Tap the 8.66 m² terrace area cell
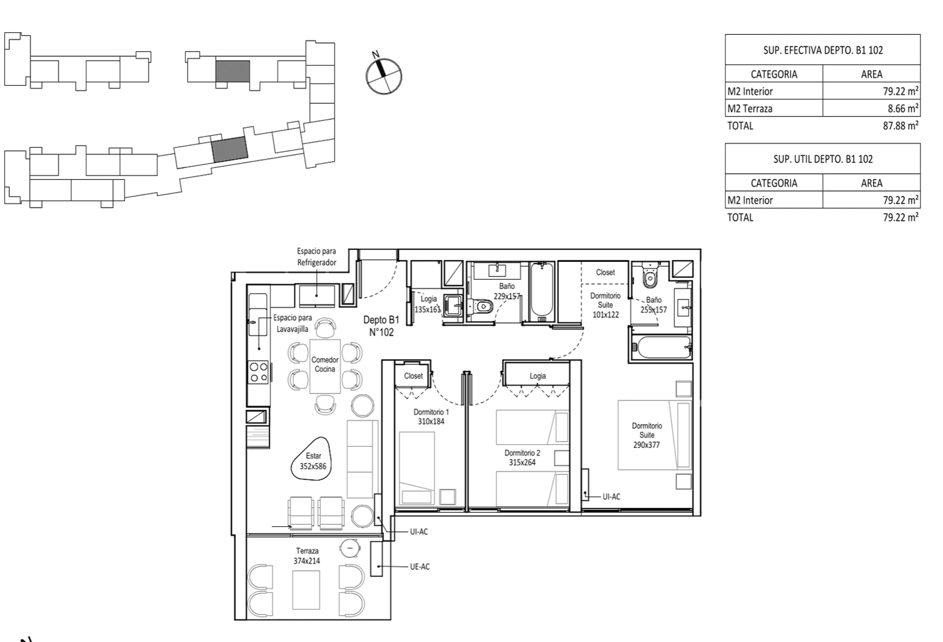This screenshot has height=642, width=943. pos(871,108)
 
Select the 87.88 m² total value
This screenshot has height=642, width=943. pos(901,125)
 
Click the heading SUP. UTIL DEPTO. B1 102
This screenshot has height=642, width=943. pos(823,159)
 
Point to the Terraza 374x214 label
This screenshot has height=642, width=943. pos(307,556)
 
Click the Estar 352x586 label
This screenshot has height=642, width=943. pos(313,461)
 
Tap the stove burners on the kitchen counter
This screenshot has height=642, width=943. pos(258,372)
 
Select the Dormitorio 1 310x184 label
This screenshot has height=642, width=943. pos(431,417)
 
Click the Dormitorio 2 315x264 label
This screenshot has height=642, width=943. pos(522,458)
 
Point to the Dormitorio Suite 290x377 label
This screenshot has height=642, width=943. pos(646,435)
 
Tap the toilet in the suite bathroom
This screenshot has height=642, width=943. pos(650,276)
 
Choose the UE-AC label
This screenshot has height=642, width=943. pos(420,567)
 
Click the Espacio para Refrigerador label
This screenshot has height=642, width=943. pos(316,257)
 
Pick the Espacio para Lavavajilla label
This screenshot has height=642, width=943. pos(292,323)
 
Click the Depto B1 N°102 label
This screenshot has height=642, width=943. pos(381,326)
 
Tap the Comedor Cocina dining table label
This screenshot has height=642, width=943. pos(325,364)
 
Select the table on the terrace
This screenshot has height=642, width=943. pos(306,590)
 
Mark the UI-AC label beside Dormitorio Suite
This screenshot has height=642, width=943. pos(612,496)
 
